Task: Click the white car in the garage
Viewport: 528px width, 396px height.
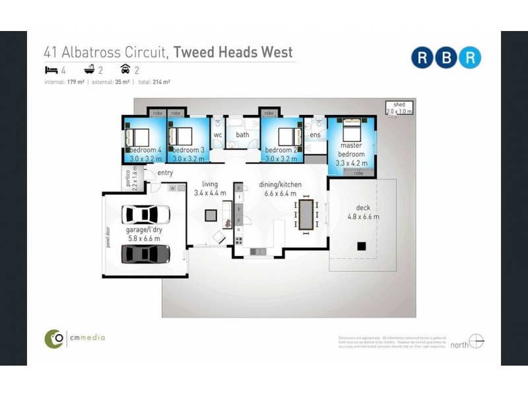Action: point(146,214)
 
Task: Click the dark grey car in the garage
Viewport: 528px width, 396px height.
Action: point(146,253)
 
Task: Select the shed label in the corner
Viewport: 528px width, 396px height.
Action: point(399,108)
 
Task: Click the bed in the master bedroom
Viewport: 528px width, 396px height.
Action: point(350,128)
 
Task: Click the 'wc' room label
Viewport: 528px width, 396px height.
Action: point(218,135)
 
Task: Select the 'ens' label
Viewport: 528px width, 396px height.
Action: point(315,135)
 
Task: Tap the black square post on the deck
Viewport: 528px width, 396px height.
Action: point(361,246)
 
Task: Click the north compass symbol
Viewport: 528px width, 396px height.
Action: point(477,343)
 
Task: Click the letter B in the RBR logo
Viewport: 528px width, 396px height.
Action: point(447,57)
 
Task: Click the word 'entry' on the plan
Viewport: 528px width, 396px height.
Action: point(165,173)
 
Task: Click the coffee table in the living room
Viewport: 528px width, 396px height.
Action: point(211,215)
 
